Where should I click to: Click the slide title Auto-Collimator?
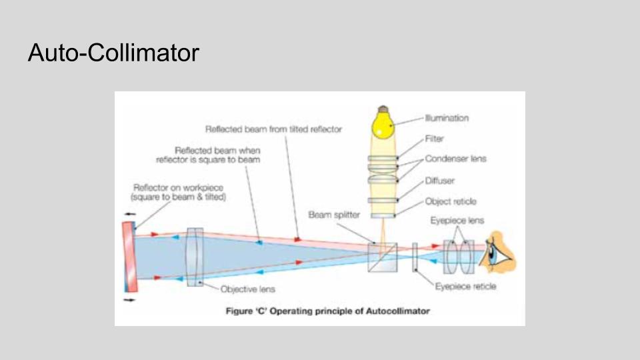point(113,52)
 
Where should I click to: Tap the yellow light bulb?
point(383,124)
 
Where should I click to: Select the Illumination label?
point(447,118)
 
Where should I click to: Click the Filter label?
point(435,139)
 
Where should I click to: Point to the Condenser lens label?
point(456,159)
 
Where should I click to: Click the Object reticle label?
point(451,201)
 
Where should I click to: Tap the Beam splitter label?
point(334,215)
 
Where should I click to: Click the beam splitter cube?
point(382,257)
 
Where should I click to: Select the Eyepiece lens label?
point(457,221)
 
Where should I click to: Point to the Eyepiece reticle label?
point(465,287)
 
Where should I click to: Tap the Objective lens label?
point(247,289)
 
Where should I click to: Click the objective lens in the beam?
point(195,257)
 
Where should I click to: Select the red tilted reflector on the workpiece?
point(129,257)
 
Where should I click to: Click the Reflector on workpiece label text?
point(179,193)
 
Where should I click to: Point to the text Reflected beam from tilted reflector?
point(273,129)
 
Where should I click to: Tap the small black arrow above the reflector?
point(129,214)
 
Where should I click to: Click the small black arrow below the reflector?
point(129,300)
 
